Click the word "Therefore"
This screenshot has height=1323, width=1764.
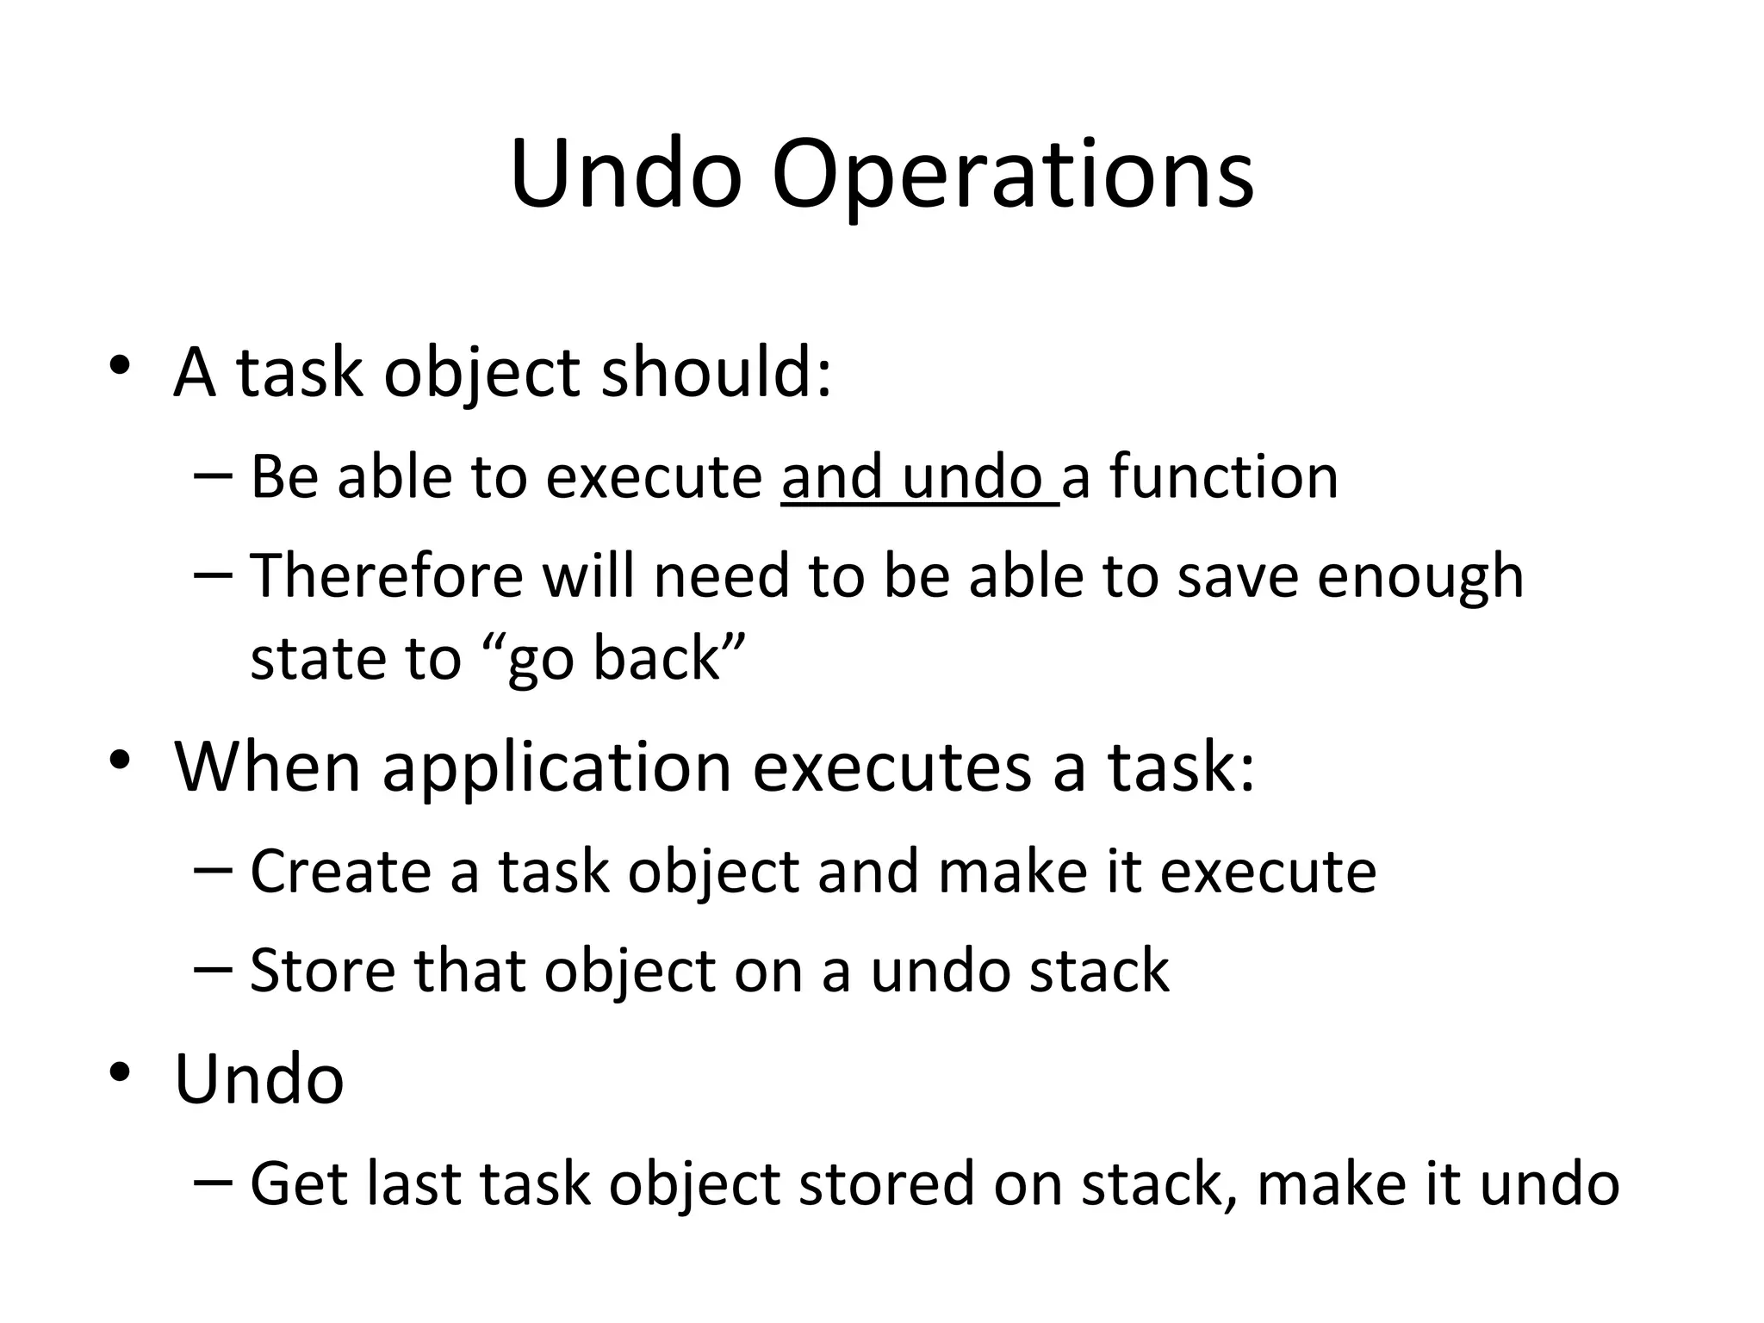pos(387,575)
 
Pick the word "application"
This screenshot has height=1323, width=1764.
pos(556,767)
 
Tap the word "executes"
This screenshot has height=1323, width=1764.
pos(891,767)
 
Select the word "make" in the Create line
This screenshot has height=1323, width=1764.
pos(1013,872)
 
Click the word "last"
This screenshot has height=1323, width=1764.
pos(413,1183)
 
